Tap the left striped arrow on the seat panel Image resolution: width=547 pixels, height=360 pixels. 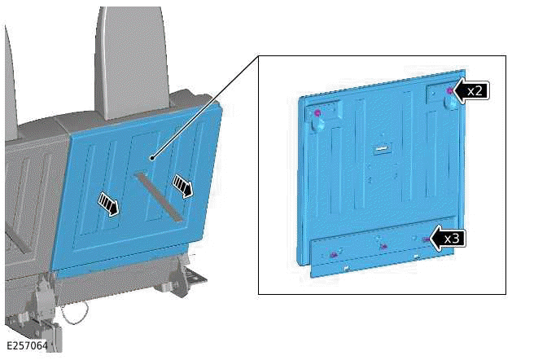pyautogui.click(x=107, y=202)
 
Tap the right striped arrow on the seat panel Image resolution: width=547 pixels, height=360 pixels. pyautogui.click(x=184, y=187)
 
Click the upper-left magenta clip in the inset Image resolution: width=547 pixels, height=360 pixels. pyautogui.click(x=318, y=112)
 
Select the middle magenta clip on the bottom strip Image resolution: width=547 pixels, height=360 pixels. pyautogui.click(x=383, y=246)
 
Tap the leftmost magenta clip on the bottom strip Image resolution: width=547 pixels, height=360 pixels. pyautogui.click(x=335, y=255)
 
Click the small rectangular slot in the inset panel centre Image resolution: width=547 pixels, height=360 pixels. pyautogui.click(x=379, y=148)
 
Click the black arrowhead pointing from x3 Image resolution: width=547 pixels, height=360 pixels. pyautogui.click(x=435, y=239)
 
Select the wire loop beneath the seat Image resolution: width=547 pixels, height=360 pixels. pyautogui.click(x=77, y=311)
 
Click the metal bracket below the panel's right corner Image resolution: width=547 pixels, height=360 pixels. pyautogui.click(x=193, y=277)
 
